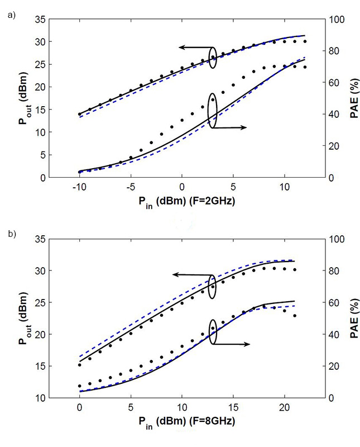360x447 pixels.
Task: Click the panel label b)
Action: pyautogui.click(x=11, y=235)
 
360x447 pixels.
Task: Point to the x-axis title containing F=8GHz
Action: pyautogui.click(x=182, y=422)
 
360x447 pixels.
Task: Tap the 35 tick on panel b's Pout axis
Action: pyautogui.click(x=54, y=239)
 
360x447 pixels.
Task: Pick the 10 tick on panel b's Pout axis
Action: pyautogui.click(x=54, y=398)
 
